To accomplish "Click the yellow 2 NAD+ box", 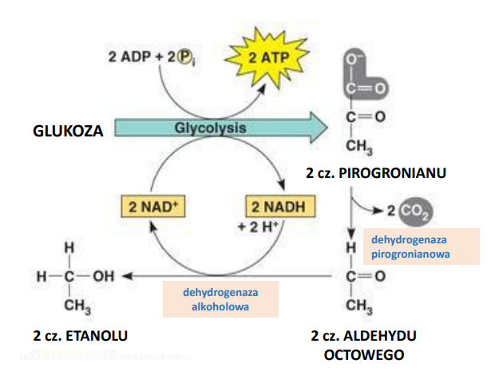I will point(152,207).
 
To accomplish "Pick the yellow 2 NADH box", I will point(278,207).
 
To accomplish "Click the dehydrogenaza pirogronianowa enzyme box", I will point(421,247).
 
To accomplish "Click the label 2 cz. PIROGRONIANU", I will point(375,172).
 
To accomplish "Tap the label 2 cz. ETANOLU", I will point(79,335).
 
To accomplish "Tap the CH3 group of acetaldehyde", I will point(356,305).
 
